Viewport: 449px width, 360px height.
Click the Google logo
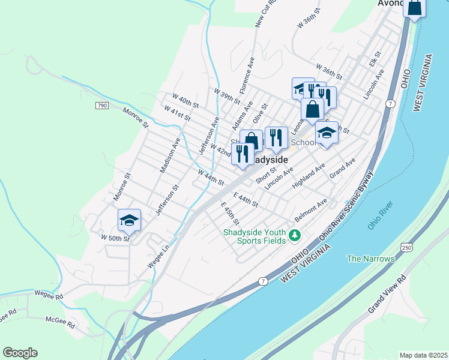point(20,353)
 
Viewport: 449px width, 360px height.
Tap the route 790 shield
point(101,106)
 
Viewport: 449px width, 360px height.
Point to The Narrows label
point(371,259)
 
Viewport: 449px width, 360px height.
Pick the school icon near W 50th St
point(129,221)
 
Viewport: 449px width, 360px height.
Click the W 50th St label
point(115,239)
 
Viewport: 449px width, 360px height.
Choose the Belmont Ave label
point(310,211)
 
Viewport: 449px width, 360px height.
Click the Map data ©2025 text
point(423,355)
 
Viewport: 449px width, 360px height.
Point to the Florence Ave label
point(247,76)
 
